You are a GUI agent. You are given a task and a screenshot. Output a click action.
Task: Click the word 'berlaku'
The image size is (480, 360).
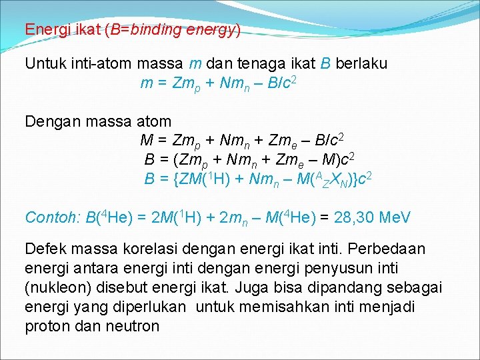(x=362, y=64)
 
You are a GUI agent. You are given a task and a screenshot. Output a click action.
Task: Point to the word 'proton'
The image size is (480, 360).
(x=46, y=326)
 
